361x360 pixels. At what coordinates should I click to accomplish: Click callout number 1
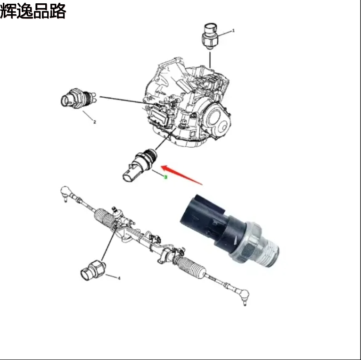click(233, 31)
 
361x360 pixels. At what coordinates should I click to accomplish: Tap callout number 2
click(94, 122)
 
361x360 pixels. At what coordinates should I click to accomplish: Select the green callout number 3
click(165, 177)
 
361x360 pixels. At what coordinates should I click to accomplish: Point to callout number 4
click(119, 278)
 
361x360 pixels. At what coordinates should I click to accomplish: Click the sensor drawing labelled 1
click(209, 34)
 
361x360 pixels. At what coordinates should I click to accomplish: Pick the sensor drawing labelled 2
click(75, 98)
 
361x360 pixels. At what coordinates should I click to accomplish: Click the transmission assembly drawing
click(189, 104)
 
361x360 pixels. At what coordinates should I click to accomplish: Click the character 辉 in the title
click(8, 11)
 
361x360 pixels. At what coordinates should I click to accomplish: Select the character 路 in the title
click(57, 11)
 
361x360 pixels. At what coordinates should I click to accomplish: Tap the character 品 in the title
click(41, 11)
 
